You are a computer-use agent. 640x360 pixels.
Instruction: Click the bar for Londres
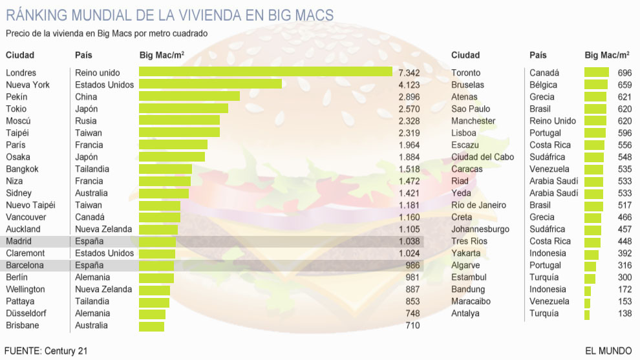click(265, 72)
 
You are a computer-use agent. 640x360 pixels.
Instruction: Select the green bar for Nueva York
click(210, 84)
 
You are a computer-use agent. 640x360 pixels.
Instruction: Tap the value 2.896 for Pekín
click(409, 96)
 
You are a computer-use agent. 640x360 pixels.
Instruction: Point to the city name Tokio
click(17, 109)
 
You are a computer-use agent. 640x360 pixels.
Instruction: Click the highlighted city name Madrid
click(18, 241)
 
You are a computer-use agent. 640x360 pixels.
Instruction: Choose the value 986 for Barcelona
click(412, 265)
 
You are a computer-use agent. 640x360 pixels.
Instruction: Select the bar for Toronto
click(596, 72)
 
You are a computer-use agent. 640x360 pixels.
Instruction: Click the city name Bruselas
click(467, 85)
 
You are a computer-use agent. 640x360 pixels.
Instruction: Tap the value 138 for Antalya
click(624, 313)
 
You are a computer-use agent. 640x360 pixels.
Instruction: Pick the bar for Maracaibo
click(588, 301)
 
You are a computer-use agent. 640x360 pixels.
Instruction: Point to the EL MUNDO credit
click(608, 351)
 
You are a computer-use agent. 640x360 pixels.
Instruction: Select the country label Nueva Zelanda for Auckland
click(103, 229)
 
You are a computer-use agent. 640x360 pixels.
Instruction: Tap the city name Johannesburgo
click(480, 229)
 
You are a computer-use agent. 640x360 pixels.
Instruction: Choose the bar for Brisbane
click(152, 326)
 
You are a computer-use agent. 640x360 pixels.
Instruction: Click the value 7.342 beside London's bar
click(409, 72)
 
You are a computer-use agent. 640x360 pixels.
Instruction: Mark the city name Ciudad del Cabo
click(483, 157)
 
